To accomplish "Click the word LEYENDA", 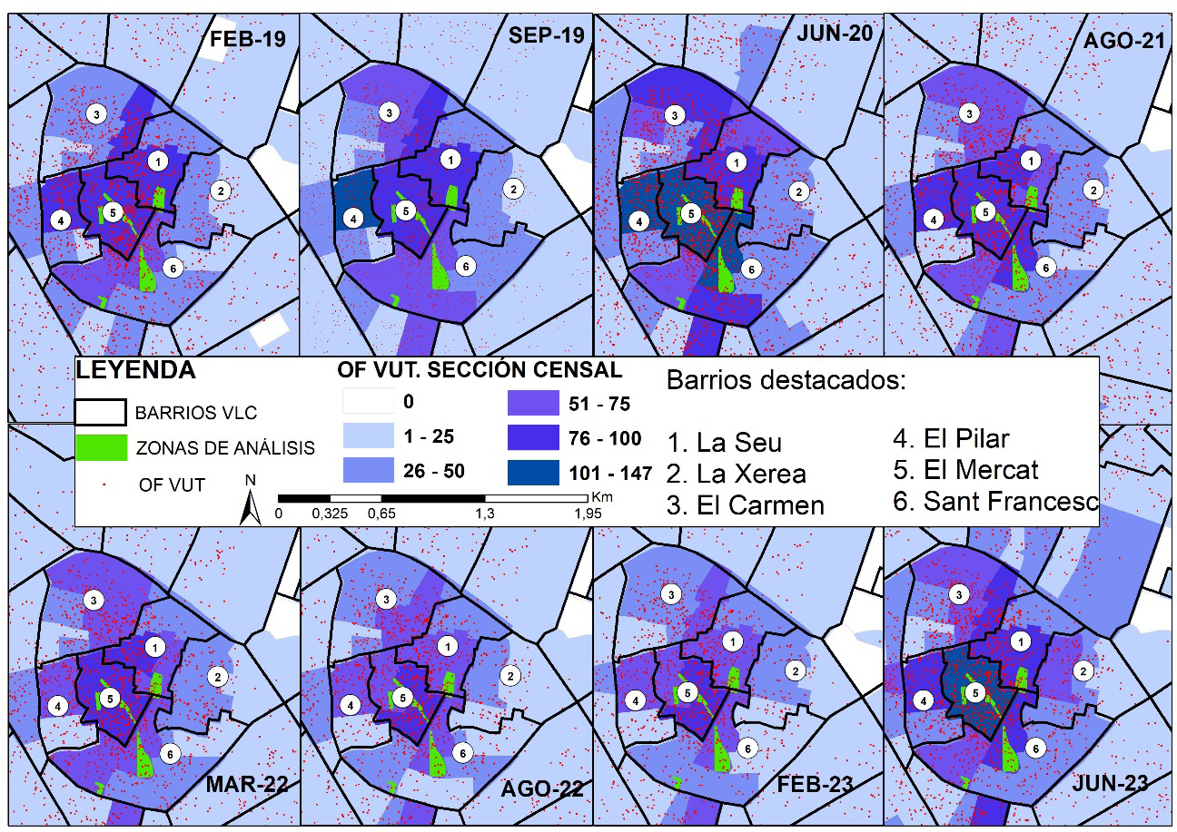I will (135, 370).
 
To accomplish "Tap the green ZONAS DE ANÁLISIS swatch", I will (99, 447).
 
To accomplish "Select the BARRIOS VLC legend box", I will (99, 412).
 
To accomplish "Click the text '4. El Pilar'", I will (951, 439).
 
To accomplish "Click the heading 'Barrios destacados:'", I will (786, 380).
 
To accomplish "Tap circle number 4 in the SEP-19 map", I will (353, 218).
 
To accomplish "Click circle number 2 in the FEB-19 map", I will (219, 190).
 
